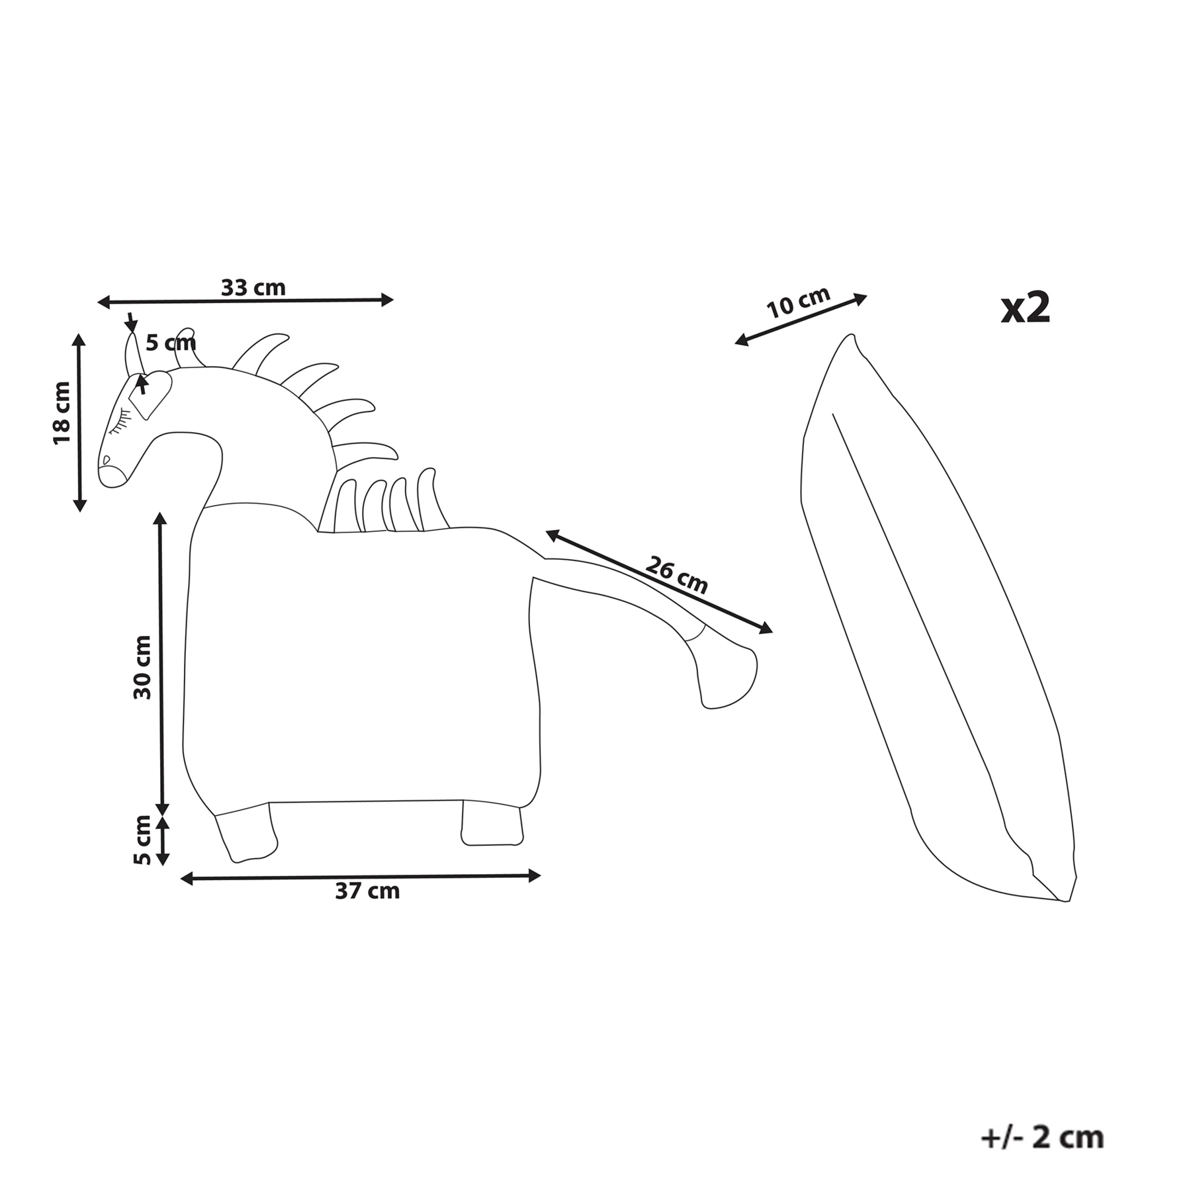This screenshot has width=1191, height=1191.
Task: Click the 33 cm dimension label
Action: [253, 288]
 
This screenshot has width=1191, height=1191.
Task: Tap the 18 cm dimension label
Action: [62, 413]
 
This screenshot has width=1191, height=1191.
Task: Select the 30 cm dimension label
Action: [142, 667]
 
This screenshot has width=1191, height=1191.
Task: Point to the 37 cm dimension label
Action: [367, 891]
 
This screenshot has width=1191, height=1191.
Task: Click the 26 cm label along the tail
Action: [676, 576]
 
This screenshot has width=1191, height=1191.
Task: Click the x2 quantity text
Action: [1025, 308]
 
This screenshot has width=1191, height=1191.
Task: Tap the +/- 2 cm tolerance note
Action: [1042, 1137]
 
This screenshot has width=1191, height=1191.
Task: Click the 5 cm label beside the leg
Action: [142, 840]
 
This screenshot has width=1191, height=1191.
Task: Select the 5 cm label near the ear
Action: [171, 343]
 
